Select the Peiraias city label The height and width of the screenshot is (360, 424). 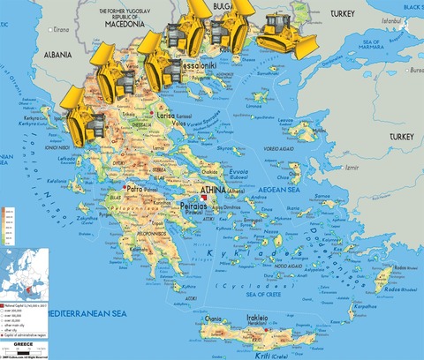[x=193, y=205]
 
